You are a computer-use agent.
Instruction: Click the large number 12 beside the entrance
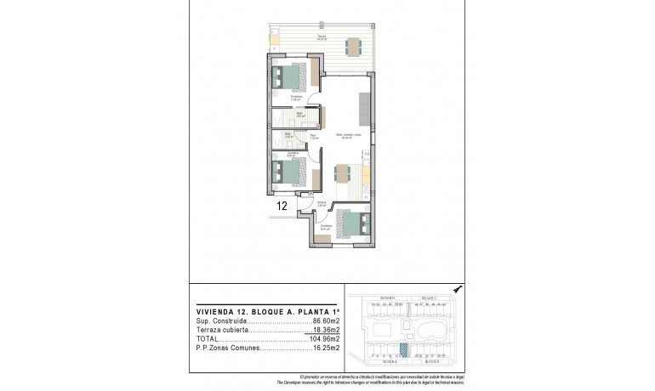[x=282, y=205]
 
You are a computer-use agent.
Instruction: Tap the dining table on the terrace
[x=352, y=46]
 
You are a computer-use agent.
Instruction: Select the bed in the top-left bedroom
[x=292, y=78]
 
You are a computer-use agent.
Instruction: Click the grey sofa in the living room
[x=364, y=109]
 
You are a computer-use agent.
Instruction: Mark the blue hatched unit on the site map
[x=405, y=348]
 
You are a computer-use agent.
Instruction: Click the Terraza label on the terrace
[x=322, y=37]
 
